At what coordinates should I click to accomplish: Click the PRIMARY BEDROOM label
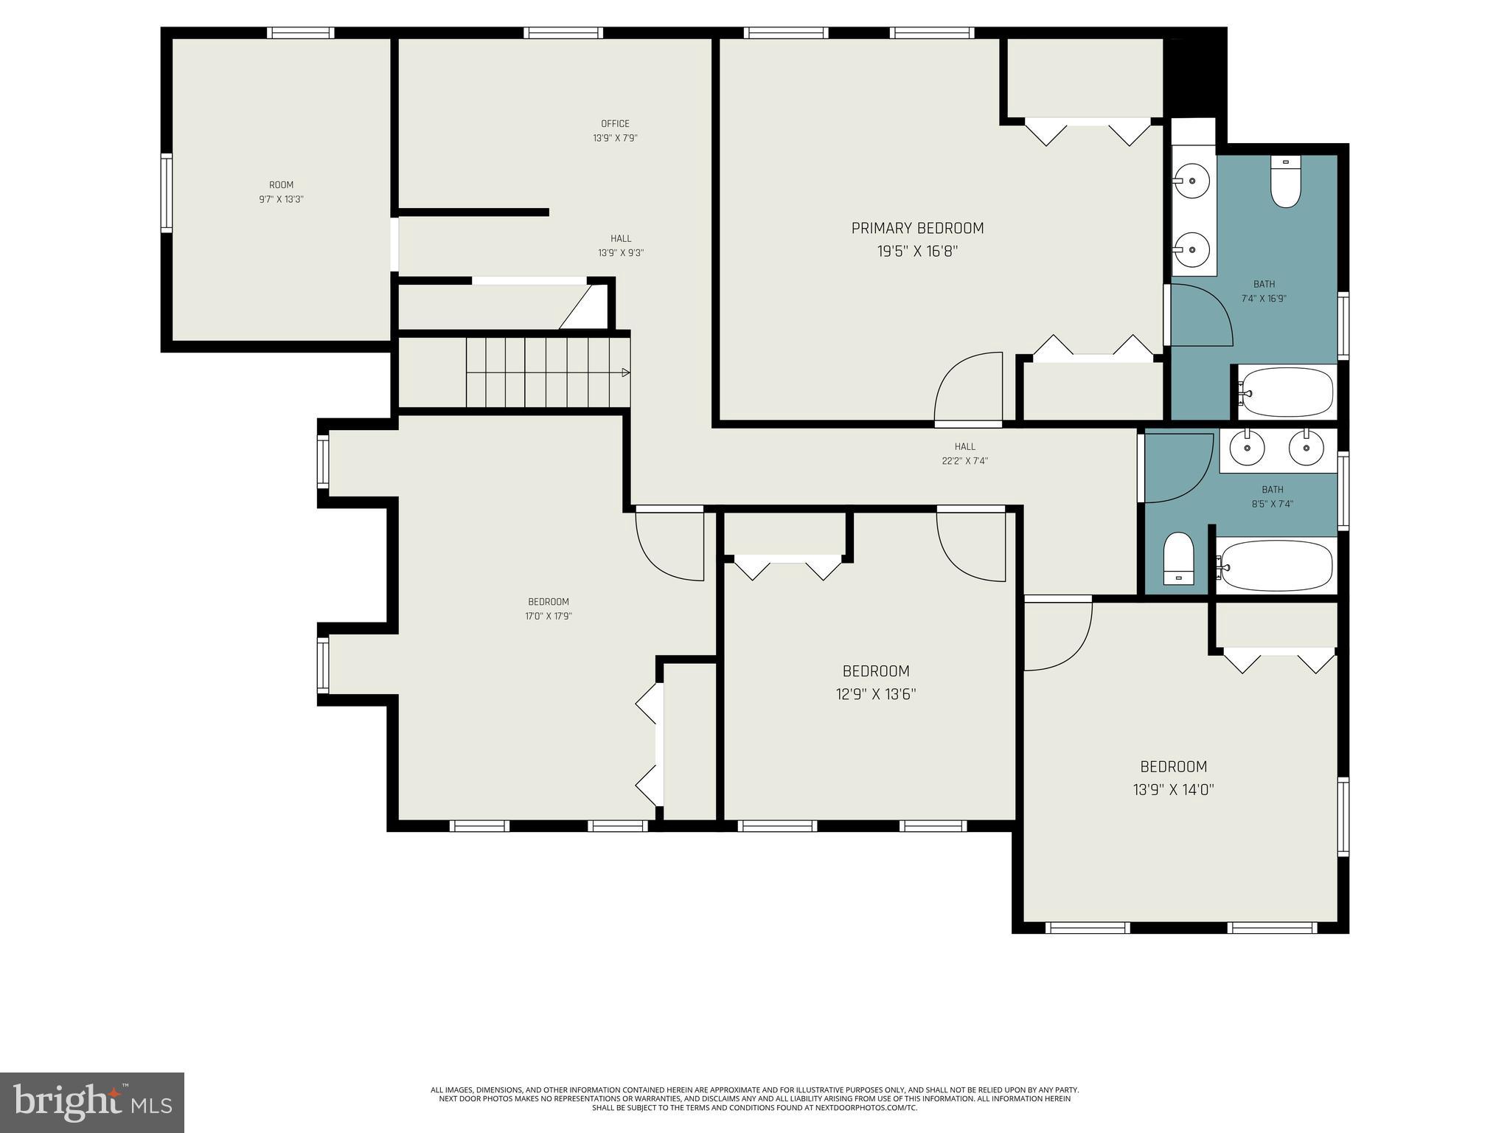(x=917, y=228)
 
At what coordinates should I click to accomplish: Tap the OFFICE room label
(x=615, y=123)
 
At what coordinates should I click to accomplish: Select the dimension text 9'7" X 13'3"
(x=281, y=199)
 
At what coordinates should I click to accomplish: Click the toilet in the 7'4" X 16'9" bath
(x=1285, y=182)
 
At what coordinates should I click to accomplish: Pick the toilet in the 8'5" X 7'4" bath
(x=1178, y=559)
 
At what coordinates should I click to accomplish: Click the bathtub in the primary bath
(x=1287, y=392)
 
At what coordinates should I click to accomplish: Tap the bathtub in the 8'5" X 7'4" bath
(x=1275, y=566)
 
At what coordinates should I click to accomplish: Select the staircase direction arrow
(x=625, y=373)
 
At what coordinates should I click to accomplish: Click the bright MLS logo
(x=92, y=1102)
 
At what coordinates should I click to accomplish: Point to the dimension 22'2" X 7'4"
(x=964, y=461)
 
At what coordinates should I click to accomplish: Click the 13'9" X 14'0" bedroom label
(x=1173, y=766)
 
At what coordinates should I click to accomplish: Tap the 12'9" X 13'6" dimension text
(x=875, y=694)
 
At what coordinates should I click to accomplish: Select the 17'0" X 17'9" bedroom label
(x=548, y=602)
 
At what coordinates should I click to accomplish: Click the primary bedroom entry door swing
(x=967, y=389)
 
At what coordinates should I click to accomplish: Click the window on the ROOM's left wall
(x=167, y=193)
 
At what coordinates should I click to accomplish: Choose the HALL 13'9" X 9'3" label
(x=621, y=239)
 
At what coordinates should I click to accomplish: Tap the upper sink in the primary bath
(x=1191, y=180)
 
